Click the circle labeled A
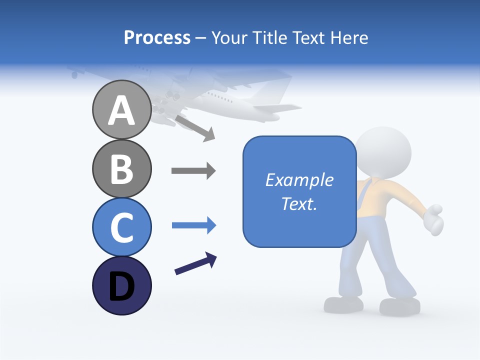tap(121, 110)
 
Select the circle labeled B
tap(121, 168)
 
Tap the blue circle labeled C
tap(121, 227)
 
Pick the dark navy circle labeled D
tap(121, 285)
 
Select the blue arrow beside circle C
tap(193, 225)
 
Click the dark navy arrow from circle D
tap(195, 263)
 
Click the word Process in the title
tap(157, 37)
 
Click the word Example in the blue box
tap(299, 180)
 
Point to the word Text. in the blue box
tap(299, 203)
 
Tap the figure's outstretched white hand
tap(433, 219)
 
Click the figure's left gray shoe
tap(344, 304)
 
